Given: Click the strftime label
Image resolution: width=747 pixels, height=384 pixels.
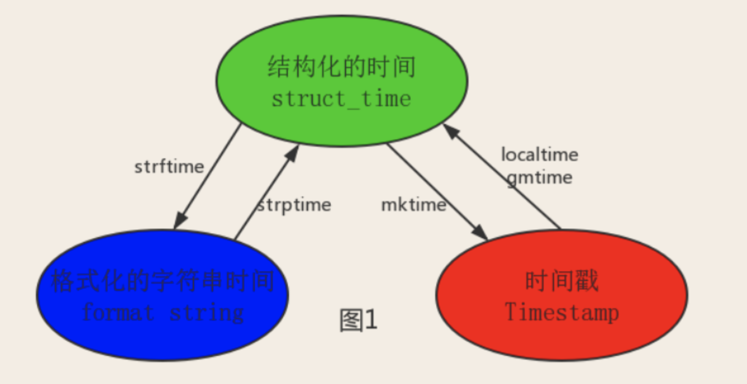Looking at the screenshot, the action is click(169, 167).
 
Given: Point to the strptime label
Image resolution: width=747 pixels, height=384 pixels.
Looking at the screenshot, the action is click(294, 205).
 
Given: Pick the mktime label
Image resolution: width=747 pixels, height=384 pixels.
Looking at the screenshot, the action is click(414, 205).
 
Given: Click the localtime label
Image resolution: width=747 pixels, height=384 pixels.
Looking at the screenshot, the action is click(540, 154).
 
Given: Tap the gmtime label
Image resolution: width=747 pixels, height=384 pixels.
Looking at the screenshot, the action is click(540, 178).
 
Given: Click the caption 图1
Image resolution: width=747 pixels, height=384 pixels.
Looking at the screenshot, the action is click(358, 320).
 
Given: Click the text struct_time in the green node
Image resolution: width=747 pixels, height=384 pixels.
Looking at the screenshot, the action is click(341, 99).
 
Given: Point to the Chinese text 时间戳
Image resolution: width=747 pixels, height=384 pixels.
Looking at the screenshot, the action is click(562, 281).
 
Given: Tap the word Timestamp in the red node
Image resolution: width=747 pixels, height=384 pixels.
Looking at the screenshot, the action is click(562, 312).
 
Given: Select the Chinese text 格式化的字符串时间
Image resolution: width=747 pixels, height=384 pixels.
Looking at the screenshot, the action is click(163, 281).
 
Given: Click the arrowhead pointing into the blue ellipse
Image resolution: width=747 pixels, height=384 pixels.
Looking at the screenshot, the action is click(180, 221).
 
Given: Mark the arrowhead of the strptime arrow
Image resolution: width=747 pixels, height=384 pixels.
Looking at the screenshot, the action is click(293, 153).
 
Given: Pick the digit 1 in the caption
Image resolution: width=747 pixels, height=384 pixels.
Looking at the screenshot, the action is click(371, 320).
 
